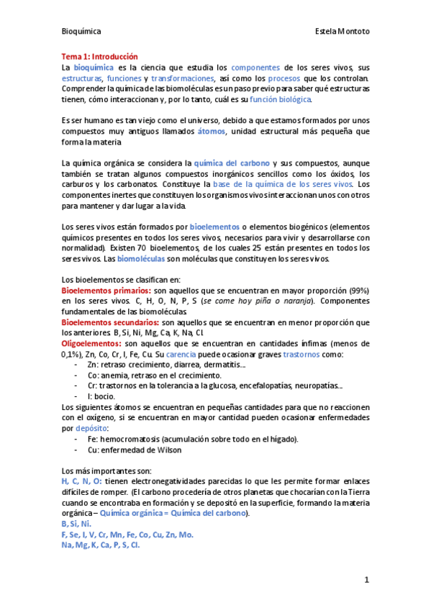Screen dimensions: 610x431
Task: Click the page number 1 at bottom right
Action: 366,579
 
